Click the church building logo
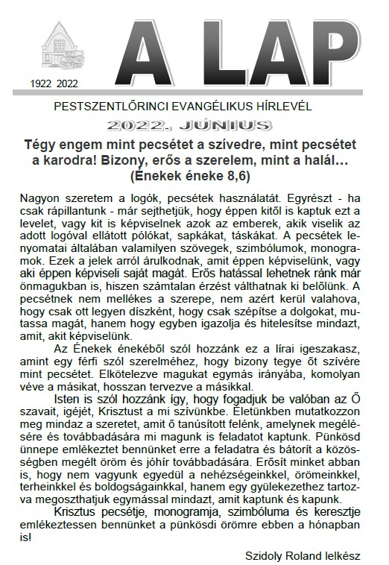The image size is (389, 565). (x=63, y=46)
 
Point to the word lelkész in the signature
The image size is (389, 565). (x=342, y=555)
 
